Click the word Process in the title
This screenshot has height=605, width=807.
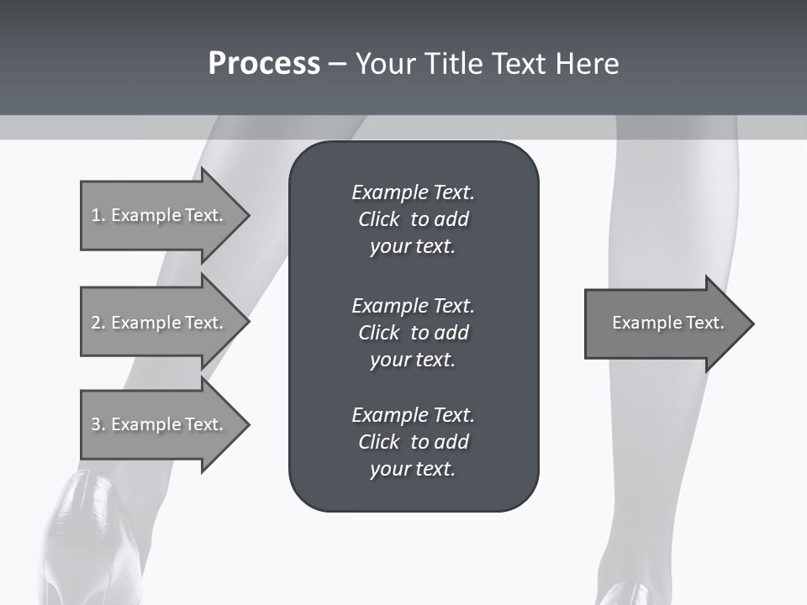tap(264, 64)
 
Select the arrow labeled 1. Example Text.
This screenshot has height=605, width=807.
tap(160, 215)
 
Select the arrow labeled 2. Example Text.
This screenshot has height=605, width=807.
tap(160, 323)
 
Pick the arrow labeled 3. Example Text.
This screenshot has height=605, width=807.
tap(160, 424)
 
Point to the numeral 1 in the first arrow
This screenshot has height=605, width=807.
tap(96, 215)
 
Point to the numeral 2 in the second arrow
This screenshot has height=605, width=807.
tap(96, 323)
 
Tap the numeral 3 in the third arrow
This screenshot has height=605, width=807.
tap(96, 424)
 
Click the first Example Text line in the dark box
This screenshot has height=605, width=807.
tap(413, 192)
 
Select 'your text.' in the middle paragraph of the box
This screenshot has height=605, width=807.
tap(413, 360)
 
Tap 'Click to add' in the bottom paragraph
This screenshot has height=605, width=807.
tap(413, 442)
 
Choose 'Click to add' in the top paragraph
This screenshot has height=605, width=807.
tap(413, 219)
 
